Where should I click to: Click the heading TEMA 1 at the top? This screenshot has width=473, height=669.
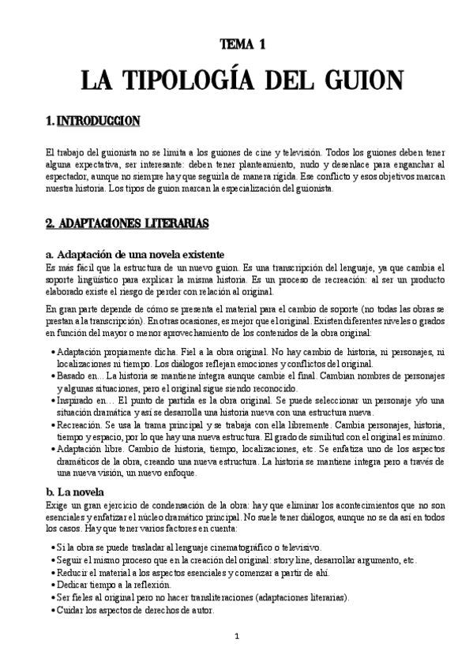click(236, 47)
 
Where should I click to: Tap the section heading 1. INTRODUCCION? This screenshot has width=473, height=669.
click(93, 121)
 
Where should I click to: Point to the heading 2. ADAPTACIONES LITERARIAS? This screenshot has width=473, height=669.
click(127, 224)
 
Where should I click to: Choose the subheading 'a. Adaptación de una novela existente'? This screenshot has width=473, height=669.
click(136, 254)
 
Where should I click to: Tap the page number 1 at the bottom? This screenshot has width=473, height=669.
click(236, 636)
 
